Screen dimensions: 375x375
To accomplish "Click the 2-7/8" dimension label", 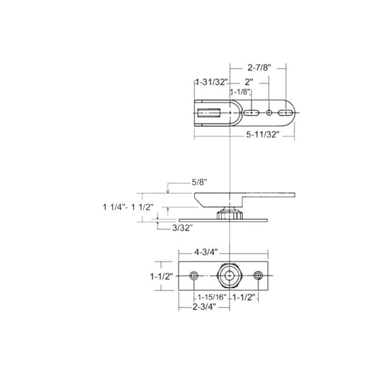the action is coord(259,68).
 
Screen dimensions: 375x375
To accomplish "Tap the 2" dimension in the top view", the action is coord(249,82).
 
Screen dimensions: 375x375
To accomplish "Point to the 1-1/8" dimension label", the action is coord(241,92).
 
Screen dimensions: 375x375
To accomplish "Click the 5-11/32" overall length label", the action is coord(263,134).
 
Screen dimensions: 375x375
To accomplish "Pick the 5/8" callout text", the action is coord(199,183).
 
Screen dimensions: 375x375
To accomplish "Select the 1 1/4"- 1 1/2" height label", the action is coord(128,207).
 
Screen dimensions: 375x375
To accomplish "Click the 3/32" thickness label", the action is coord(183,228).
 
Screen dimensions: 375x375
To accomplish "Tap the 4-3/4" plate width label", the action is coord(206,252).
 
